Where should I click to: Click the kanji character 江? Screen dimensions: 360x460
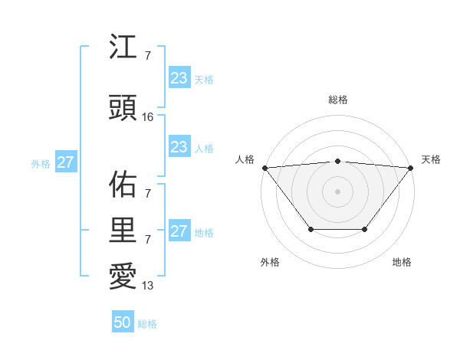point(123,48)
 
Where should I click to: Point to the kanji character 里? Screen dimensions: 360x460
point(123,231)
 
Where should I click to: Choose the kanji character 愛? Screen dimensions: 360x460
point(123,277)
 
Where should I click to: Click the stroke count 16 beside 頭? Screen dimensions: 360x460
point(149,117)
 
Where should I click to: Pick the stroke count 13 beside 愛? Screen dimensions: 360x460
point(149,286)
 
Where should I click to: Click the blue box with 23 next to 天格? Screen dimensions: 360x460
point(179,78)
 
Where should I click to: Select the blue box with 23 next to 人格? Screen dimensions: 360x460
point(179,147)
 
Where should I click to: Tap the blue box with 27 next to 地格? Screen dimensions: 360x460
point(179,231)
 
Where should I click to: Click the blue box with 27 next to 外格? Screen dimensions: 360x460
point(66,162)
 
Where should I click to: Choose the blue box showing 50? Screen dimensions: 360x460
point(122,322)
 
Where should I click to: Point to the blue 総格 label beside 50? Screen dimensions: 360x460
point(147,324)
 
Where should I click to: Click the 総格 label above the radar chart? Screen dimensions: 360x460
point(337,100)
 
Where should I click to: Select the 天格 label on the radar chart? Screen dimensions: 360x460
point(431,159)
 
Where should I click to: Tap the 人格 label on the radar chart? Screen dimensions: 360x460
point(245,159)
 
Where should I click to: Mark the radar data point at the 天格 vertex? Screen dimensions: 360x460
point(411,167)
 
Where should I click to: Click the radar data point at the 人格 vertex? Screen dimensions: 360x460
point(264,167)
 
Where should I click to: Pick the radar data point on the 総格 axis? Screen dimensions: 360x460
point(337,161)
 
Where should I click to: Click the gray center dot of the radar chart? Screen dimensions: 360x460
point(337,191)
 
